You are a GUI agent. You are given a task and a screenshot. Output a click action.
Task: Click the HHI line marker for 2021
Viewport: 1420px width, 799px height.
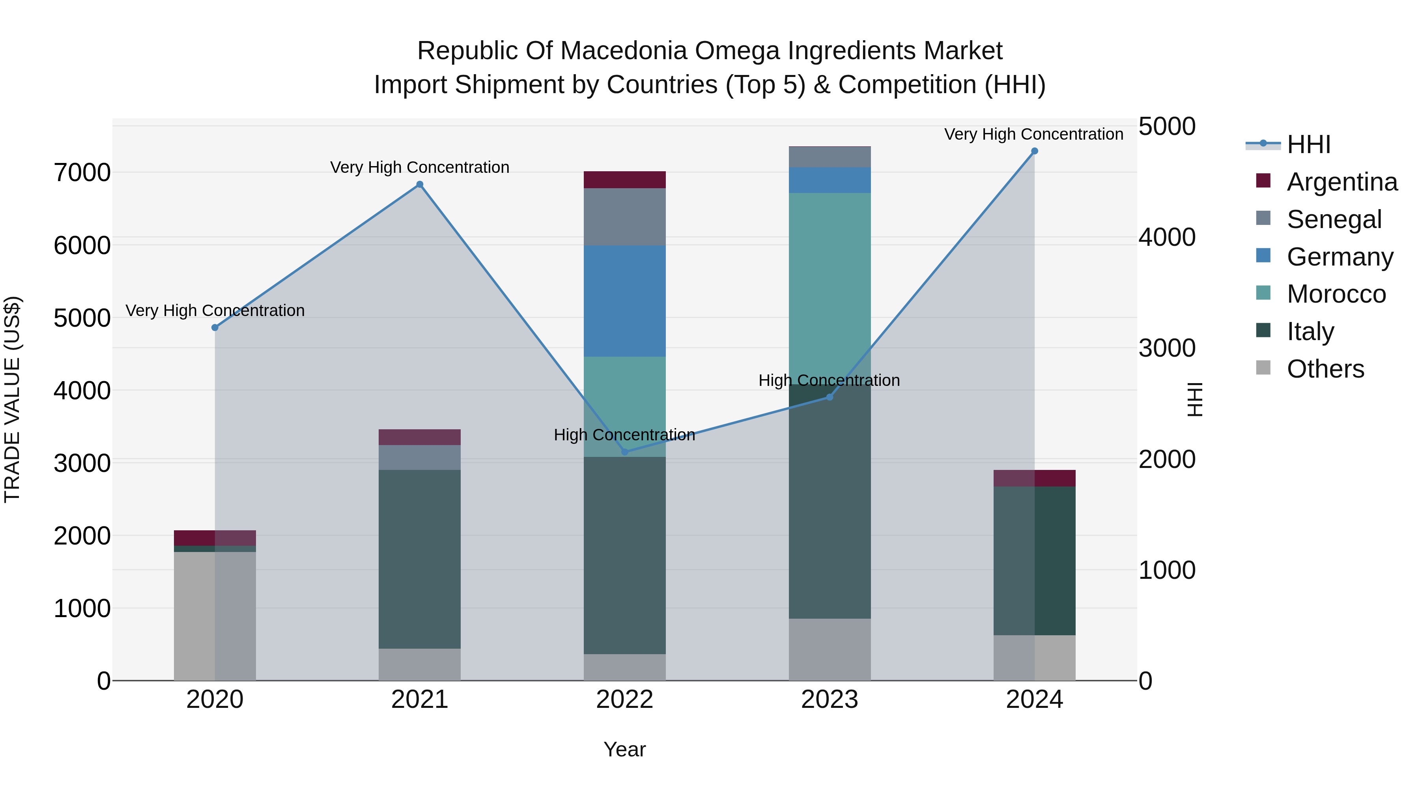click(x=420, y=185)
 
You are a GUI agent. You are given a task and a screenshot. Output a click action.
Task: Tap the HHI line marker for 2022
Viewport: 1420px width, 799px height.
click(x=624, y=452)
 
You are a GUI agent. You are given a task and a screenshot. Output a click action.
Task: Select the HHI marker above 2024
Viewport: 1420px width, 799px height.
click(x=1034, y=151)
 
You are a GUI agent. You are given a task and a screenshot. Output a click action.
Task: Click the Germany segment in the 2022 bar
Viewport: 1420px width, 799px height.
click(x=624, y=301)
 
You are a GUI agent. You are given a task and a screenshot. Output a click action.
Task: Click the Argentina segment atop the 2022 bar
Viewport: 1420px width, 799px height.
click(x=624, y=180)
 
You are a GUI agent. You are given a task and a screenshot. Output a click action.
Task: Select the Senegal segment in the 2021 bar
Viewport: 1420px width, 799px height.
click(x=420, y=458)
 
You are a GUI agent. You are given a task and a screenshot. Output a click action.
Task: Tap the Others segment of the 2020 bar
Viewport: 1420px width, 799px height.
click(x=215, y=616)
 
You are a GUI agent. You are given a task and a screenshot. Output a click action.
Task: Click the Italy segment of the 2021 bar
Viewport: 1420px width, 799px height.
click(x=420, y=559)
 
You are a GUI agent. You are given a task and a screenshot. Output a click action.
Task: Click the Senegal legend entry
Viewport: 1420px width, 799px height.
click(x=1334, y=219)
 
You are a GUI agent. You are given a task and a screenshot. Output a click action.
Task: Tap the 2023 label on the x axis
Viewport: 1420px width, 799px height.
click(x=830, y=700)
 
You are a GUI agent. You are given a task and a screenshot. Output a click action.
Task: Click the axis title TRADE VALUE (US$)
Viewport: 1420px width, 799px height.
click(x=12, y=399)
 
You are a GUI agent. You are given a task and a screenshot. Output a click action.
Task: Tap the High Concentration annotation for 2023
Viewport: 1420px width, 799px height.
click(x=829, y=380)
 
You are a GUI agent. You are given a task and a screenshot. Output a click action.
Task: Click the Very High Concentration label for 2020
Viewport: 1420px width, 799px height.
click(x=215, y=311)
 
